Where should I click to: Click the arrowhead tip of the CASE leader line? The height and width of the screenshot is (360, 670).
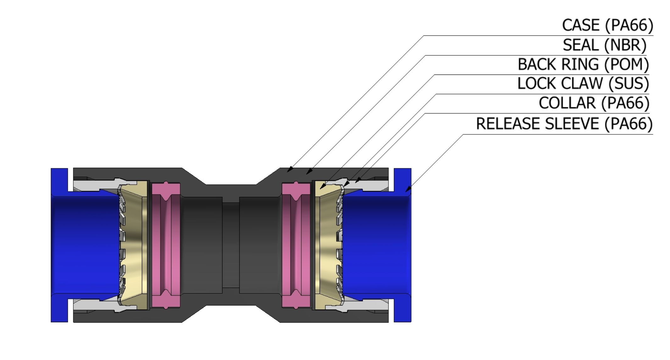point(288,172)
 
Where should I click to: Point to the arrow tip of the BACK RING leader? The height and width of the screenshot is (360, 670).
point(320,189)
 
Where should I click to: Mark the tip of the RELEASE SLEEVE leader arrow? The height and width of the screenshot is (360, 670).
point(406,191)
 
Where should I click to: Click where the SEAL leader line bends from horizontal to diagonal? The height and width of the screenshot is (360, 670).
point(425,55)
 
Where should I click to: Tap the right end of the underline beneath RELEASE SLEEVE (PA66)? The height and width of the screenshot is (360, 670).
point(653,134)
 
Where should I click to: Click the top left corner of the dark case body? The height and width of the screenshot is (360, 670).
point(73,168)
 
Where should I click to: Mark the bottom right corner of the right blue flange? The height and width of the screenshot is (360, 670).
point(411,322)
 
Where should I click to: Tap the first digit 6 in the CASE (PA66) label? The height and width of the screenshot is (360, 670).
point(630,25)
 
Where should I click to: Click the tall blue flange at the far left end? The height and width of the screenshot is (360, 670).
point(59,245)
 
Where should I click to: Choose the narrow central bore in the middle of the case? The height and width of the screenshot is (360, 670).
point(231,245)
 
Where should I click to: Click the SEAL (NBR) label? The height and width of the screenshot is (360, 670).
point(605,45)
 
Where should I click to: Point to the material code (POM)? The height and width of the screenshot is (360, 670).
point(626,64)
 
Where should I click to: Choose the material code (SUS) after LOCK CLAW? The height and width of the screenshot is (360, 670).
point(628,84)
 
